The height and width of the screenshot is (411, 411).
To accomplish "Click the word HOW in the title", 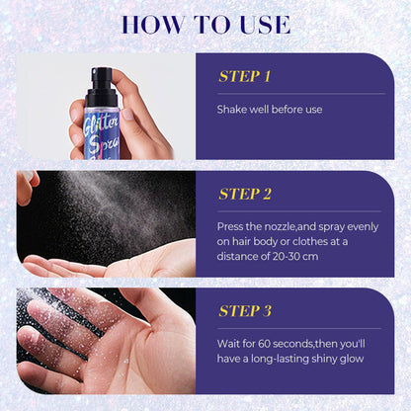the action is (153, 24).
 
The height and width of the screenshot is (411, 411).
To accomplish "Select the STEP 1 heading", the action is (244, 76).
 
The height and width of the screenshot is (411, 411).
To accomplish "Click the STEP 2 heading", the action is (245, 194).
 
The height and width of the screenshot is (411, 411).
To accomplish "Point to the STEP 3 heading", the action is (245, 311).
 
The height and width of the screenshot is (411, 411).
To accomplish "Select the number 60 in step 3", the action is (264, 344).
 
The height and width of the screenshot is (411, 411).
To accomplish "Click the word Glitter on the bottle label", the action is (101, 123).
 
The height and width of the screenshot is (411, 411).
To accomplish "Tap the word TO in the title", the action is (211, 24).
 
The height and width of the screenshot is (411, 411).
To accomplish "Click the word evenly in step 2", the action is (363, 226).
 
